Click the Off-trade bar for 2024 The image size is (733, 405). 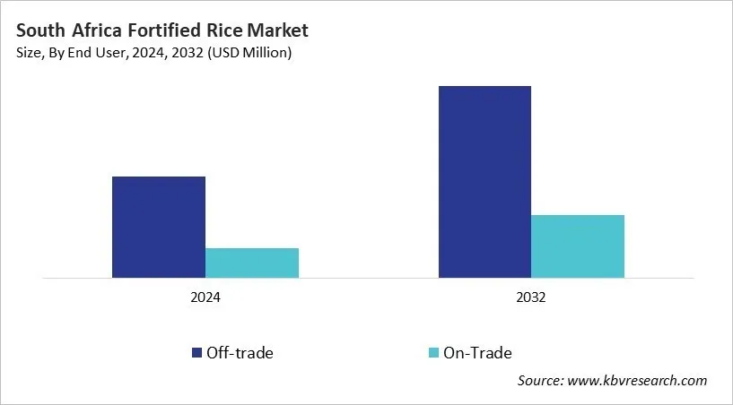pos(159,227)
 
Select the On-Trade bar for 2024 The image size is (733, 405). pos(252,263)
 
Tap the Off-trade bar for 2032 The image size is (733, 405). pos(484,182)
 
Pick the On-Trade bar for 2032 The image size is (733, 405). pos(578,246)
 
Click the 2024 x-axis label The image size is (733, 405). pos(205,297)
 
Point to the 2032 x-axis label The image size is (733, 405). pos(531,297)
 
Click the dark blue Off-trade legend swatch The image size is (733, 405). pos(196,353)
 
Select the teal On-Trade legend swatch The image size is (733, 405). pos(434,353)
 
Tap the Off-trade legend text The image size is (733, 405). pos(240,353)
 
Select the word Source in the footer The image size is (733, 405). pos(541,381)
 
